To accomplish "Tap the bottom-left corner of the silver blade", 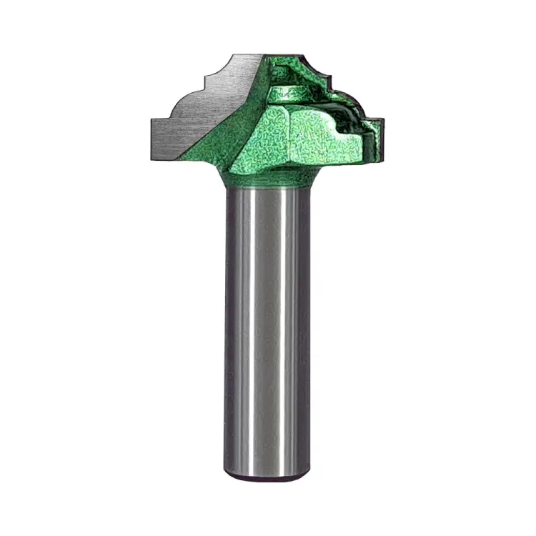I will tap(152, 142).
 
